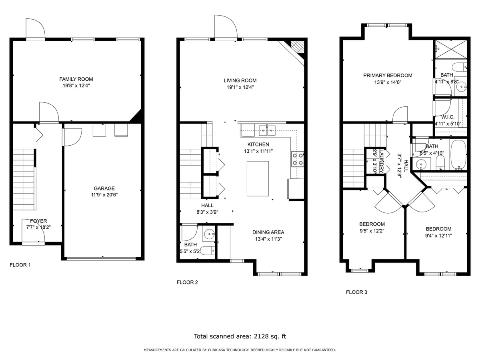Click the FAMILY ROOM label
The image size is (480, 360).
click(x=76, y=79)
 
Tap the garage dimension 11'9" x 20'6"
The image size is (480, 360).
click(x=104, y=195)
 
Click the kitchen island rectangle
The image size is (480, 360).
click(x=258, y=178)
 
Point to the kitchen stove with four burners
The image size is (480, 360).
click(x=298, y=159)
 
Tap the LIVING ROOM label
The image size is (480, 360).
click(x=240, y=80)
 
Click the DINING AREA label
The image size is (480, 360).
click(x=268, y=232)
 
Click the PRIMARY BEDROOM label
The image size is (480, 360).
click(x=388, y=75)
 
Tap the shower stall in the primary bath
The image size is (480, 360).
click(x=450, y=50)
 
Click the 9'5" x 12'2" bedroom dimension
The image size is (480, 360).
click(x=372, y=230)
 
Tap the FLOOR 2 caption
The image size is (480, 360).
click(x=187, y=282)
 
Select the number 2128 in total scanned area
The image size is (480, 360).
click(x=261, y=336)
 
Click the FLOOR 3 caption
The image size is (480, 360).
click(x=356, y=292)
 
